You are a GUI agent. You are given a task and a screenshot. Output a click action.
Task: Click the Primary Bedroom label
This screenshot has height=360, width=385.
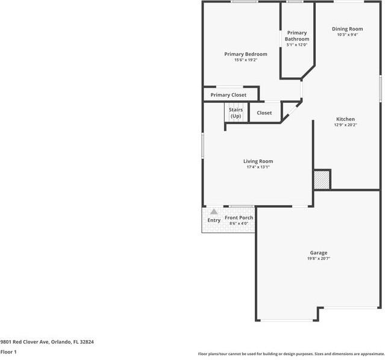click(245, 54)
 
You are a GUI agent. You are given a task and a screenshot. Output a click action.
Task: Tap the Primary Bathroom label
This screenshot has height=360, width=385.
click(296, 36)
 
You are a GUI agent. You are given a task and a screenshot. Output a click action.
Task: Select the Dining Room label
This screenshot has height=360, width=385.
click(348, 29)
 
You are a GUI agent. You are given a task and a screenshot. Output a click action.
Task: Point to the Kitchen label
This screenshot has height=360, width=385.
click(345, 119)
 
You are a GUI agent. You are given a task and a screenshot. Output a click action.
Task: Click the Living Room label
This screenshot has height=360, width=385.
click(258, 161)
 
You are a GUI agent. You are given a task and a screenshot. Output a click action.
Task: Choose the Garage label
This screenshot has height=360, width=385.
click(319, 253)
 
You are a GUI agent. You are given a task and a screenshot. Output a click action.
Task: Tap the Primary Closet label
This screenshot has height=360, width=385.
click(228, 95)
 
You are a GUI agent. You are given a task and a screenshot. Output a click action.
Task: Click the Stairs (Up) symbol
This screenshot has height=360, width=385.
click(236, 113)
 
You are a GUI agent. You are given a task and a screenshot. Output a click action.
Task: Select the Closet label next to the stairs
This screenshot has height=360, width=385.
click(264, 113)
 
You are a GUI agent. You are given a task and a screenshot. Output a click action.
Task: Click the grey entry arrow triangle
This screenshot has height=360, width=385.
click(213, 212)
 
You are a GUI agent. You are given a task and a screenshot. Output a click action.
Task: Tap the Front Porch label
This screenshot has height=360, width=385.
click(239, 218)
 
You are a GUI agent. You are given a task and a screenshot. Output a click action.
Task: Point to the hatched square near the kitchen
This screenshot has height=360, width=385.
click(322, 179)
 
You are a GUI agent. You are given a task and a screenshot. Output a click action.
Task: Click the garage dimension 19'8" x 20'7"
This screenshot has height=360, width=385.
click(319, 259)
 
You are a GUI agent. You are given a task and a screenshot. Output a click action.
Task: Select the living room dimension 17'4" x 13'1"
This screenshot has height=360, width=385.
click(258, 167)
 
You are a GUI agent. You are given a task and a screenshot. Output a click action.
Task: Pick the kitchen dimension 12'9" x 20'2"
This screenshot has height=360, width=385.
click(345, 125)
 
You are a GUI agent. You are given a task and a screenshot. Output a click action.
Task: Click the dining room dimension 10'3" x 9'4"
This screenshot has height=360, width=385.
click(348, 35)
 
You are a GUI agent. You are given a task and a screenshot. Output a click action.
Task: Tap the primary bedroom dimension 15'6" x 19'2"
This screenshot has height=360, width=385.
click(245, 60)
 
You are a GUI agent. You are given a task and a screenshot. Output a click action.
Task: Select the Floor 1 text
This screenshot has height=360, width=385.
click(8, 352)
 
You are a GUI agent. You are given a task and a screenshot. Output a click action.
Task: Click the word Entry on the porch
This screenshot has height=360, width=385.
click(214, 220)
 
